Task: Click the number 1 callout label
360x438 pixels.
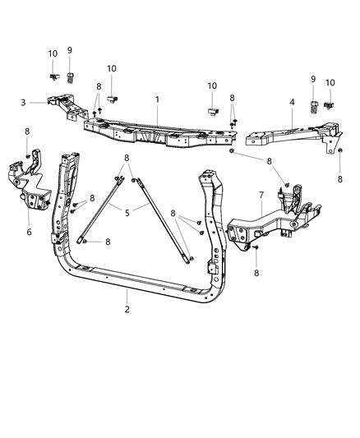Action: coord(157,100)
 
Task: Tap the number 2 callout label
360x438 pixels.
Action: coord(127,311)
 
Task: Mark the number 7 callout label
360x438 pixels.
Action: coord(262,195)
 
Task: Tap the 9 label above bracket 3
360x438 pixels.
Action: coord(70,50)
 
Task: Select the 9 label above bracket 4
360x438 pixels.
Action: coord(312,79)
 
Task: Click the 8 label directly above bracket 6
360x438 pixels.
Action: coord(27,131)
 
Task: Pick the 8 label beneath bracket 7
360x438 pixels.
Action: coord(256,271)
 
